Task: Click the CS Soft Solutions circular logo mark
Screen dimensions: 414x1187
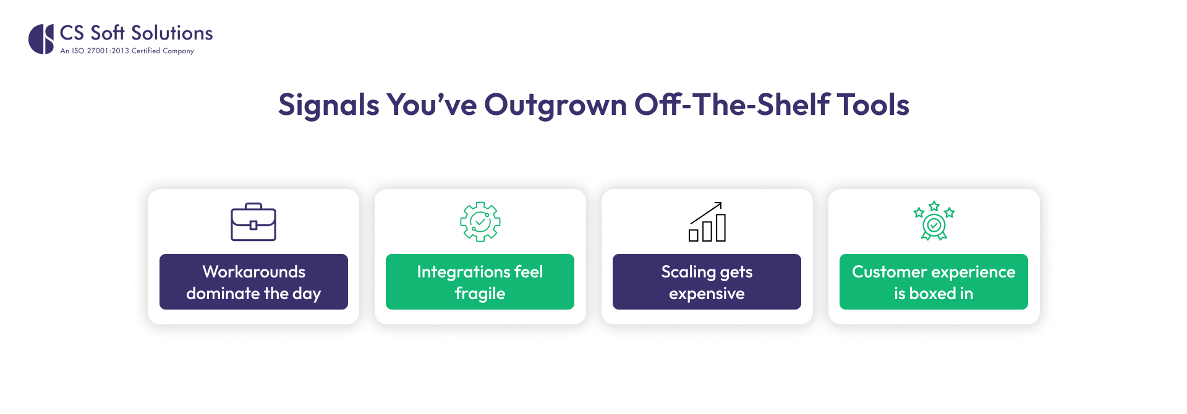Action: [x=41, y=39]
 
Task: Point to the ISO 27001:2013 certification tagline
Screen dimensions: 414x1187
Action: [x=127, y=51]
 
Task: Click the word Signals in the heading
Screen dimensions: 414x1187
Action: [x=328, y=105]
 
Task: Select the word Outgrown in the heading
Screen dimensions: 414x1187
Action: [x=555, y=105]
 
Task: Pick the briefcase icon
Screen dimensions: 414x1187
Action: [x=253, y=222]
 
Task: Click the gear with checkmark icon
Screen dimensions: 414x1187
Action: [x=480, y=221]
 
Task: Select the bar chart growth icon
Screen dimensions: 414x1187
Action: [x=707, y=222]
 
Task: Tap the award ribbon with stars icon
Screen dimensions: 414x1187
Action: [x=934, y=221]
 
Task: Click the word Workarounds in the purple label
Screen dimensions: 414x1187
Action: [x=253, y=272]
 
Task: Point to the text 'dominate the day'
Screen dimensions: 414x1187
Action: [x=253, y=294]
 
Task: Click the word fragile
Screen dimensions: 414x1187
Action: [x=480, y=294]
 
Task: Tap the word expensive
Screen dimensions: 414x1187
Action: [x=707, y=294]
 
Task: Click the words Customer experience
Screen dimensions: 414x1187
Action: [x=934, y=272]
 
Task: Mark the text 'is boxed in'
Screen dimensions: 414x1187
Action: [x=934, y=294]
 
